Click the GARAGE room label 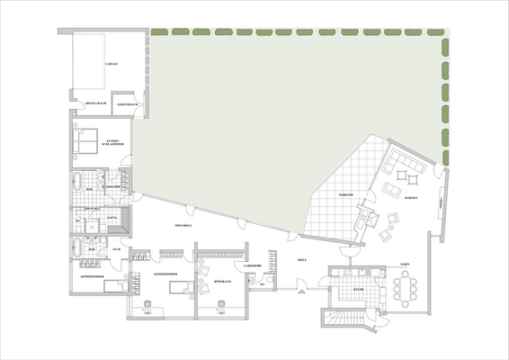112,65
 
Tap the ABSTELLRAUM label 96,103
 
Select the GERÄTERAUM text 127,103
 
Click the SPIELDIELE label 183,225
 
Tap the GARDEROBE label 252,267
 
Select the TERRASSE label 345,195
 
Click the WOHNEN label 411,198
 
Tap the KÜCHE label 357,291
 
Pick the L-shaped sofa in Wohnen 406,168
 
